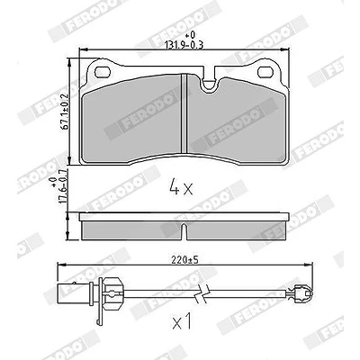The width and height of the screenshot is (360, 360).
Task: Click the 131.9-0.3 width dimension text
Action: coord(184,45)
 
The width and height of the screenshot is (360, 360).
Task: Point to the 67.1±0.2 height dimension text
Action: coord(66,112)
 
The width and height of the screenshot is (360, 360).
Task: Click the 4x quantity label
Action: coord(181,186)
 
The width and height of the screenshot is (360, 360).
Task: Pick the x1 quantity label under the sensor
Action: coord(182,322)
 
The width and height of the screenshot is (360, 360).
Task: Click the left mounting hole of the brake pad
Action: coord(103,72)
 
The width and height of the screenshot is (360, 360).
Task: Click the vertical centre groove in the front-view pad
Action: coord(184,113)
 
